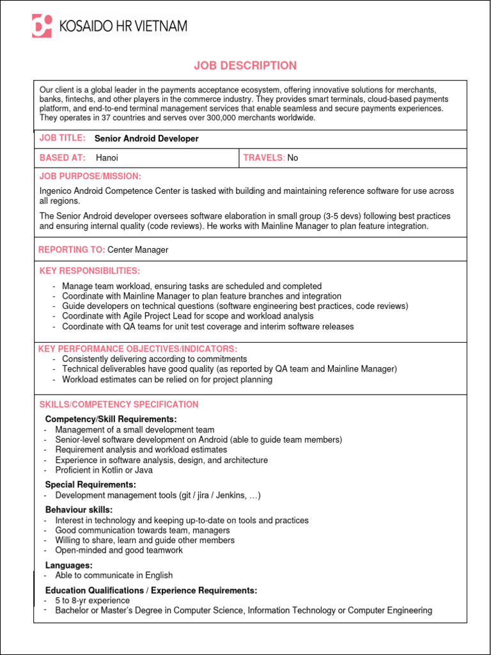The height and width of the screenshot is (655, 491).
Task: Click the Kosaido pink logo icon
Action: (x=42, y=26)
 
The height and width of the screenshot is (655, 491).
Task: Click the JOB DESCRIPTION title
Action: (x=245, y=65)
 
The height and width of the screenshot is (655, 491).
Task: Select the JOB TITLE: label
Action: (x=63, y=138)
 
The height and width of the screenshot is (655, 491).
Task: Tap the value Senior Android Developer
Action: (x=146, y=139)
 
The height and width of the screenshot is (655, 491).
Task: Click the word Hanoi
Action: (x=107, y=158)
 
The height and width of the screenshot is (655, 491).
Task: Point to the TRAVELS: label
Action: (x=264, y=158)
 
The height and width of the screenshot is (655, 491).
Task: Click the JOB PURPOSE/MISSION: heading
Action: (x=90, y=176)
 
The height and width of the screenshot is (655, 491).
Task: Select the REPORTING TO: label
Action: (x=72, y=249)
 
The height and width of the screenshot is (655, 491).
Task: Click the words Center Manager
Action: (x=137, y=249)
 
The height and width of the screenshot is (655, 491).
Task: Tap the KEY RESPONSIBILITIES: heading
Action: (x=90, y=271)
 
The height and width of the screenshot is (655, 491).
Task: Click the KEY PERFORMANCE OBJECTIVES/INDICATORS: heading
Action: (x=137, y=349)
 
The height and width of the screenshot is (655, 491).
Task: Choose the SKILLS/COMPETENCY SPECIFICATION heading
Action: (x=119, y=404)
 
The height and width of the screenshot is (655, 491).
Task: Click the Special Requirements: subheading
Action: (x=90, y=485)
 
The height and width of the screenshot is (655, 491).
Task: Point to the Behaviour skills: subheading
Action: (x=79, y=510)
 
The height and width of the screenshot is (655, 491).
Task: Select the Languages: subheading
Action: (x=68, y=565)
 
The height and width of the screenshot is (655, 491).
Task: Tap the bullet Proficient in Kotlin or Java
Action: (x=104, y=470)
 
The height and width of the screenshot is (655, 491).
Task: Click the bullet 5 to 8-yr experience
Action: (x=92, y=601)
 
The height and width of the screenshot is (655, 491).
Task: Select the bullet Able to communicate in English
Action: (x=114, y=575)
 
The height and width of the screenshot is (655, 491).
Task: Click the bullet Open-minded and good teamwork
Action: (x=119, y=550)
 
